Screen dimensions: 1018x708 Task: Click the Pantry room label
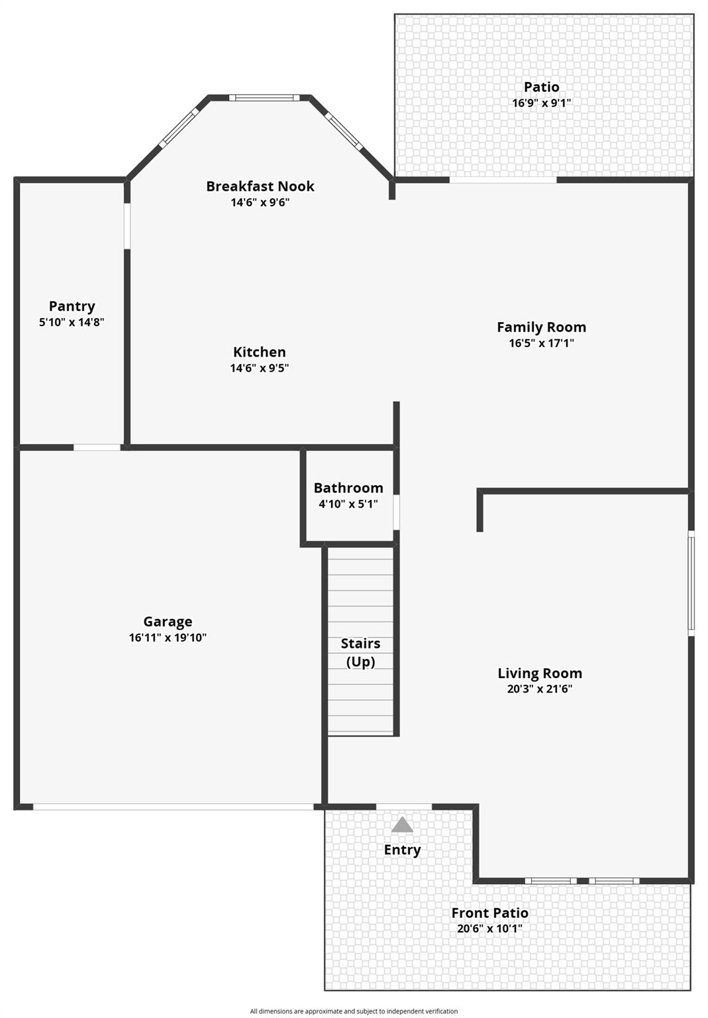coord(72,306)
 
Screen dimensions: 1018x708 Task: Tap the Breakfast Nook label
coord(260,186)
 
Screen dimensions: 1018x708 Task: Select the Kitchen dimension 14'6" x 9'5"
coord(260,368)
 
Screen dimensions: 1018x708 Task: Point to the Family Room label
coord(541,327)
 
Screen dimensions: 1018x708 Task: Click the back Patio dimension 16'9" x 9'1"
coord(541,103)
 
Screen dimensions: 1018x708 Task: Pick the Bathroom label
coord(348,488)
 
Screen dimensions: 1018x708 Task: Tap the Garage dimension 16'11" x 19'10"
coord(168,638)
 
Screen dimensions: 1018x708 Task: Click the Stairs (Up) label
coord(360,652)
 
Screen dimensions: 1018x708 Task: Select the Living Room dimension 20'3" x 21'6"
coord(540,689)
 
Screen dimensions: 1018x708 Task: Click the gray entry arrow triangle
coord(402,825)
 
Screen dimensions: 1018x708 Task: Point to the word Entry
coord(402,850)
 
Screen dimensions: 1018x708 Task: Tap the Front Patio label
coord(489,913)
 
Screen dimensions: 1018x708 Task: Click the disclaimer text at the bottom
coord(354,1011)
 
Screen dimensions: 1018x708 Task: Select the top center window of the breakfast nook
coord(264,98)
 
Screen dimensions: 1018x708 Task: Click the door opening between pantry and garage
coord(97,447)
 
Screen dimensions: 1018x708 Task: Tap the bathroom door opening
coord(396,512)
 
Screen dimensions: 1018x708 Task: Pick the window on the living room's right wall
coord(691,583)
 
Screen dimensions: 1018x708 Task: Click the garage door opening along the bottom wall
coord(174,807)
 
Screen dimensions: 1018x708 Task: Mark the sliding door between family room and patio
coord(503,180)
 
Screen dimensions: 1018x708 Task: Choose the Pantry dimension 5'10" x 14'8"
coord(72,323)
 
